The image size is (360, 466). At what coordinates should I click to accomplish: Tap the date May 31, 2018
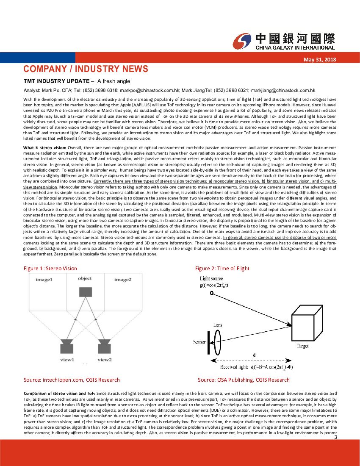(x=320, y=60)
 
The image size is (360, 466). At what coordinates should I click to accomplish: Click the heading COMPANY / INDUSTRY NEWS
(x=86, y=69)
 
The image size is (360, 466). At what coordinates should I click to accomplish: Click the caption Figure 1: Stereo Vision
(x=50, y=268)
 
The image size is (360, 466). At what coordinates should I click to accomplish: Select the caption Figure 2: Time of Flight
(x=222, y=268)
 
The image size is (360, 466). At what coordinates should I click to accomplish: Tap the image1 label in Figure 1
(x=44, y=280)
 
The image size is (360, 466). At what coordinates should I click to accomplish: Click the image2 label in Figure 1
(x=122, y=280)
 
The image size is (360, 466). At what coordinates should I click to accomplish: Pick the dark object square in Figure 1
(x=85, y=292)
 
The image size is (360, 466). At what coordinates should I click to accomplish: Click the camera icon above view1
(x=67, y=346)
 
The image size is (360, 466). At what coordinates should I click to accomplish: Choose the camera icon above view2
(x=104, y=346)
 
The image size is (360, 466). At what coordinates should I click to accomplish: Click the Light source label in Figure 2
(x=211, y=278)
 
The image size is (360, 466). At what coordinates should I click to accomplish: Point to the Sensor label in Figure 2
(x=199, y=342)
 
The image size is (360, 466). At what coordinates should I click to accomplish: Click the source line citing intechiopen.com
(x=72, y=380)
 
